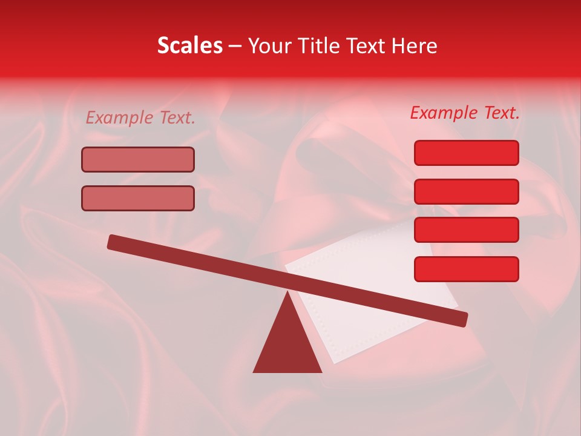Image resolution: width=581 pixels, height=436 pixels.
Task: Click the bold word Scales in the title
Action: [x=189, y=46]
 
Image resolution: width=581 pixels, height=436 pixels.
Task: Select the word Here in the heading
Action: [x=415, y=46]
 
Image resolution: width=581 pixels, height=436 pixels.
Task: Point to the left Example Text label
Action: [x=140, y=118]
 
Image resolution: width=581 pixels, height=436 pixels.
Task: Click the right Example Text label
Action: [x=465, y=113]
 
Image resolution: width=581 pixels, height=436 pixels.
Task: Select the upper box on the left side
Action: [x=138, y=160]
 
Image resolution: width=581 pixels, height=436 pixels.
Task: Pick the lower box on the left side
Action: [x=138, y=198]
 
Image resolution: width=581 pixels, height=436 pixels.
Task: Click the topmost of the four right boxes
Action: [x=466, y=153]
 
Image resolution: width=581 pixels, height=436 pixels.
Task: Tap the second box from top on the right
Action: [x=466, y=191]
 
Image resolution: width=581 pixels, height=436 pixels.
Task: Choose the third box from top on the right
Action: [x=466, y=230]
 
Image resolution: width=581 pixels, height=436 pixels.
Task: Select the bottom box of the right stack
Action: [x=466, y=269]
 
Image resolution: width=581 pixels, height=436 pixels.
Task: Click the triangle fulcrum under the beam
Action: [x=287, y=345]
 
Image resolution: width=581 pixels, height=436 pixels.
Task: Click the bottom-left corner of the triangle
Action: [x=255, y=371]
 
